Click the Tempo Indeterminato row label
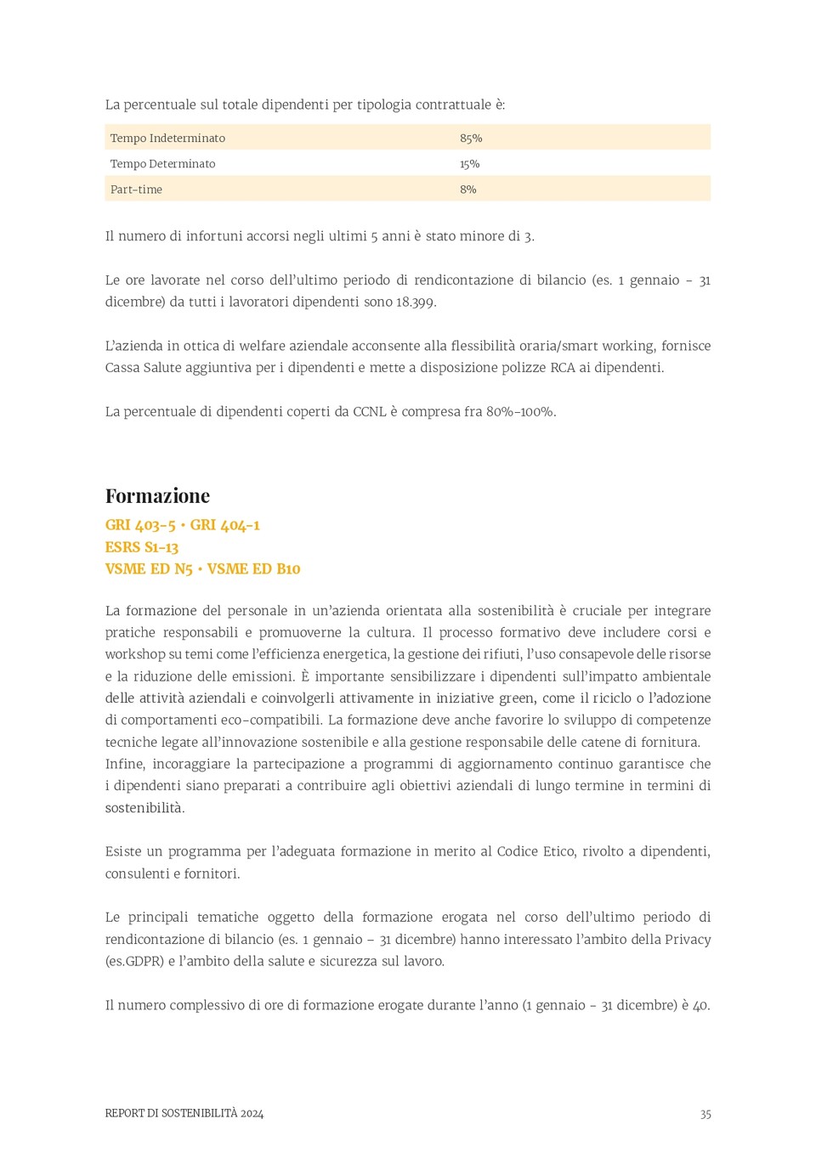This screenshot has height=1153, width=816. click(167, 138)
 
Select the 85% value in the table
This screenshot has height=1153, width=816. click(471, 138)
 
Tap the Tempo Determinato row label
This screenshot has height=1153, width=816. click(162, 163)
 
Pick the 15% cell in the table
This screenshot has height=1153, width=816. click(469, 163)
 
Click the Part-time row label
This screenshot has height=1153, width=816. click(136, 189)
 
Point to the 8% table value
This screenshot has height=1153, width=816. click(467, 189)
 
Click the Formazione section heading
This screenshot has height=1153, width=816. click(157, 495)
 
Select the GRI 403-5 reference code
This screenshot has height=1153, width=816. click(140, 525)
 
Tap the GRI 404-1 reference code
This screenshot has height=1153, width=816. click(224, 525)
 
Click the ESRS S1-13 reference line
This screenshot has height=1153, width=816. click(142, 547)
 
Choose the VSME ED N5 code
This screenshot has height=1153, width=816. click(149, 568)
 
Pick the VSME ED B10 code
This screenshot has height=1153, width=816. click(253, 568)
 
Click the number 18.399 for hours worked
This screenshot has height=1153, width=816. click(416, 302)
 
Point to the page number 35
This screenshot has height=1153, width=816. click(705, 1114)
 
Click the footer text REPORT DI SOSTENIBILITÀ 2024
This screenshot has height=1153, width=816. click(184, 1113)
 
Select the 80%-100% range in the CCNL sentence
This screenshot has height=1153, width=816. click(520, 411)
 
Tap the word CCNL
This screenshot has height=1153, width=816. click(369, 411)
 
